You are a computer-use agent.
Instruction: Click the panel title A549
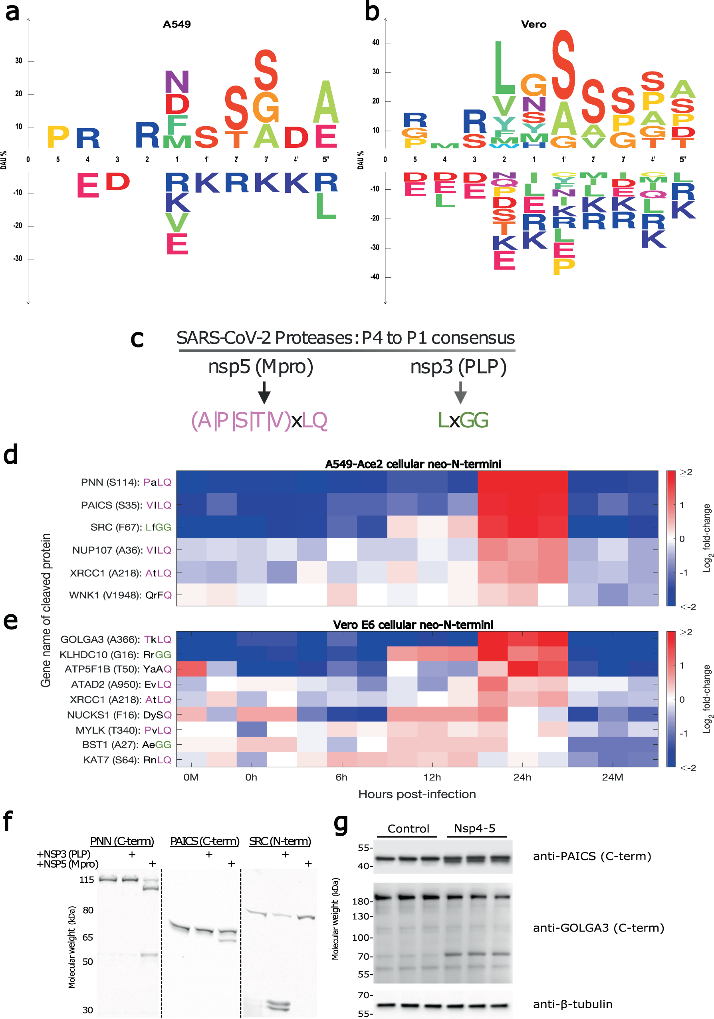[177, 24]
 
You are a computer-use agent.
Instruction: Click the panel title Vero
[534, 24]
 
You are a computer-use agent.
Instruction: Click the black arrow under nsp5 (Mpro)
[264, 392]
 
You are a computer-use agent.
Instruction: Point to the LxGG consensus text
[463, 420]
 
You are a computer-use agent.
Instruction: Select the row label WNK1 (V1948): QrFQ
[120, 595]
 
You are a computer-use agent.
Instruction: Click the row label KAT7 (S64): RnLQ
[127, 760]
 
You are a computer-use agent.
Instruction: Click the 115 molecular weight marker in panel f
[87, 880]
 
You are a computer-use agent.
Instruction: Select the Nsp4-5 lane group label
[474, 828]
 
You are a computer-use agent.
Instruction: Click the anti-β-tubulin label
[573, 1004]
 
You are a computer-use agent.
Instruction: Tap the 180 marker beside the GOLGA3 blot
[360, 902]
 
